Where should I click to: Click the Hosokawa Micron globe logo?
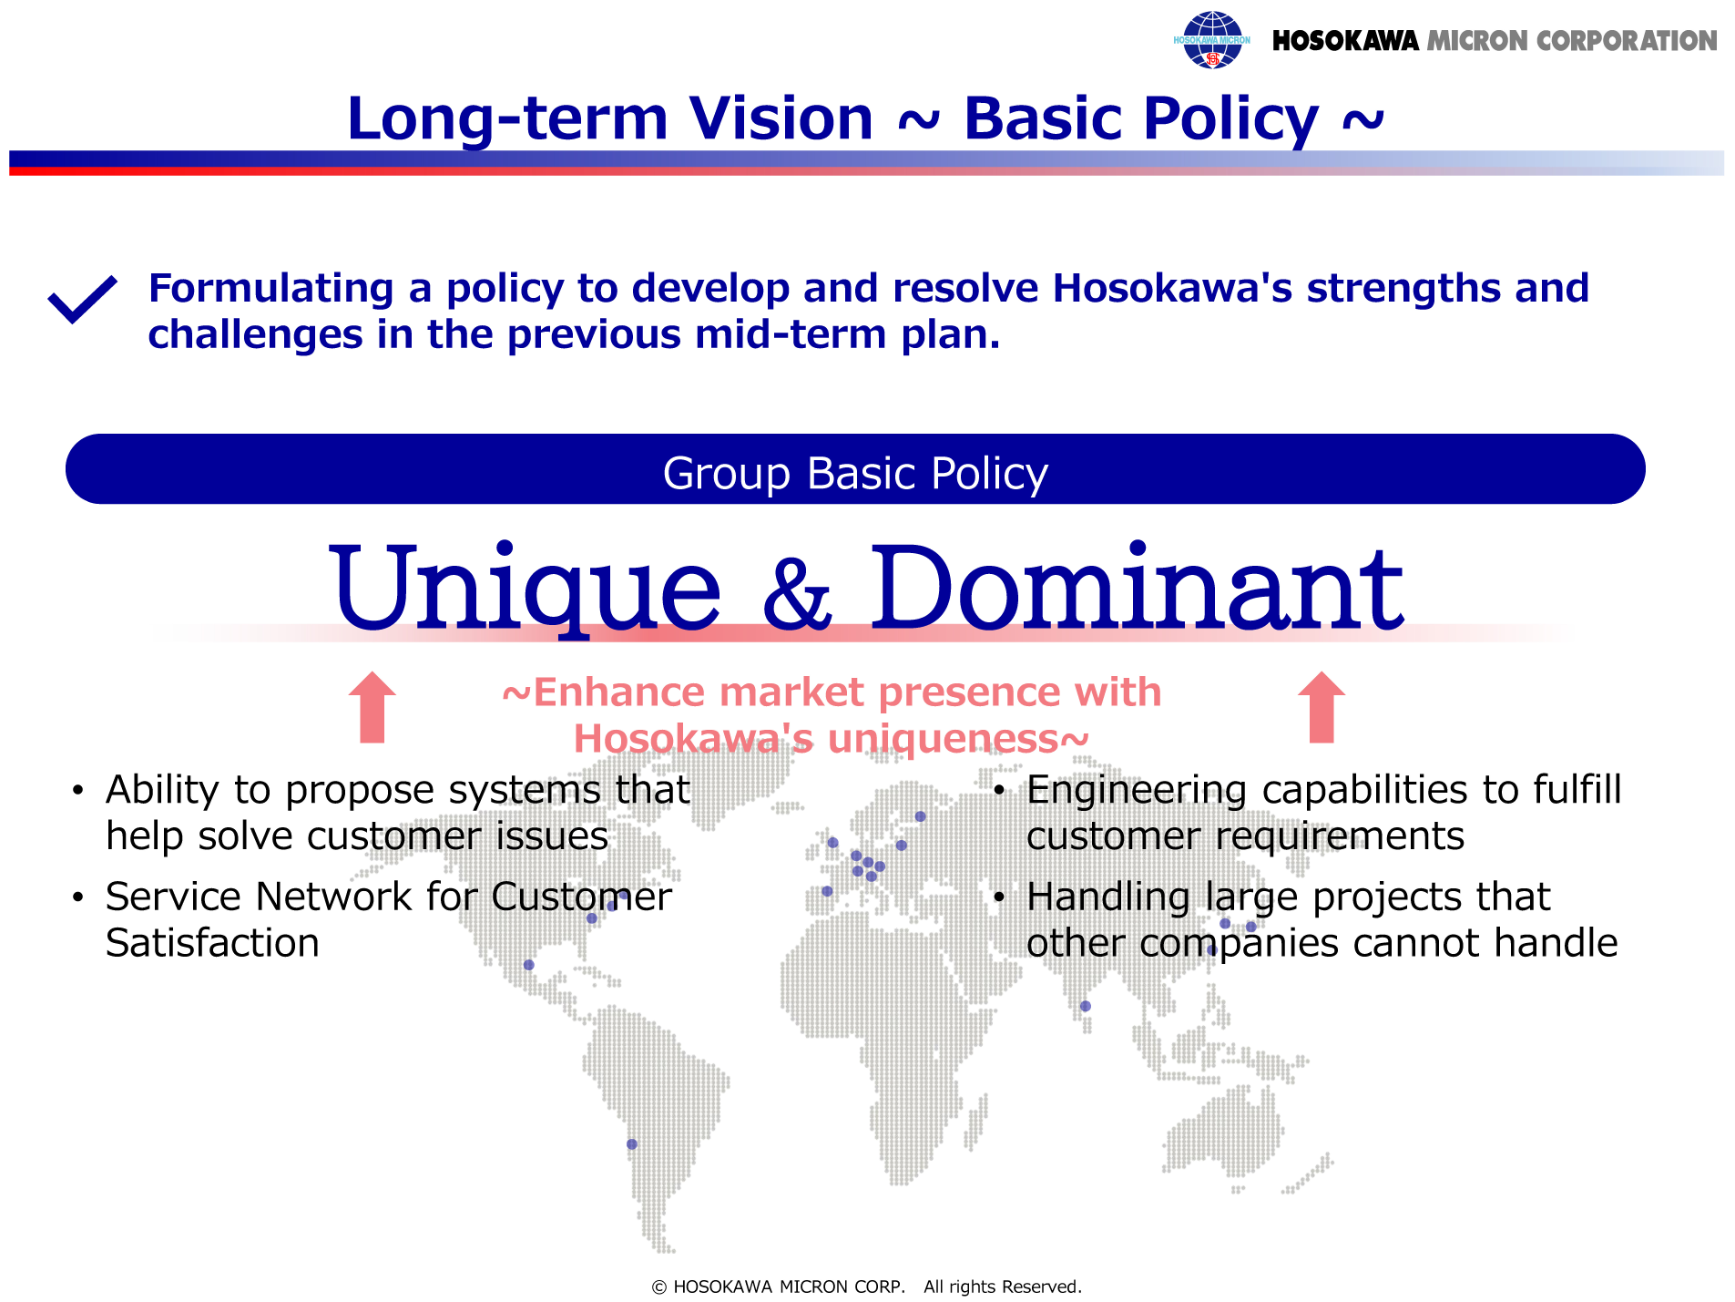pos(1211,40)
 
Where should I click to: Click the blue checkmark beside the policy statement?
pos(82,299)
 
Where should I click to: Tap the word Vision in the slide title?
pos(781,118)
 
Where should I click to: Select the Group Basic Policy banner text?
pos(855,474)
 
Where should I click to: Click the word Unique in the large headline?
pos(526,588)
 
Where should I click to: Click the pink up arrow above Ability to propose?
pos(373,707)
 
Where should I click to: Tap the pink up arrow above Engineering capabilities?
pos(1322,707)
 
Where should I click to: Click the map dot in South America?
pos(632,1144)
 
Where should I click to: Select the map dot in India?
pos(1086,1007)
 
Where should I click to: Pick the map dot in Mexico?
pos(529,965)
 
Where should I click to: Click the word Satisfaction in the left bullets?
pos(212,943)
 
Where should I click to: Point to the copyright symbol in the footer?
pos(659,1287)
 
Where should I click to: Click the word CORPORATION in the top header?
pos(1626,41)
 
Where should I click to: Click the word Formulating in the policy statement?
pos(271,290)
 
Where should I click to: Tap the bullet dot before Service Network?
pos(79,898)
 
